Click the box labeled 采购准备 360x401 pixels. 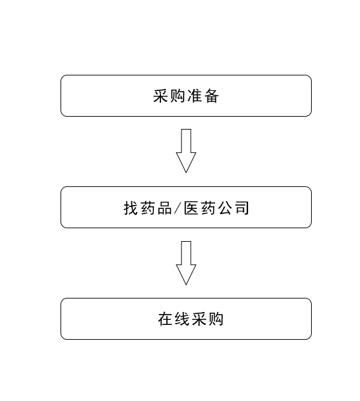[186, 95]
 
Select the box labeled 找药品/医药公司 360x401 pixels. [186, 207]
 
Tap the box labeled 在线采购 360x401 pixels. [186, 318]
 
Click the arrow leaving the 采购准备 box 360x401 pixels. [186, 151]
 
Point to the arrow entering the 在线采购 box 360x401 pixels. [186, 263]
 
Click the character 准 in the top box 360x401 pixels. [194, 96]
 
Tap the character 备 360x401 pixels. [211, 96]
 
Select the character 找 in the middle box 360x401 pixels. [131, 208]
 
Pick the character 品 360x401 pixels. [165, 208]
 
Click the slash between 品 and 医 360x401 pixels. [178, 208]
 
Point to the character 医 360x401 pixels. [191, 208]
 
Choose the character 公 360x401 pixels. [225, 208]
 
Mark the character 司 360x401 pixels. [242, 208]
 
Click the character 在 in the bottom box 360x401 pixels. [165, 319]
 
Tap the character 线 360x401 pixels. [182, 319]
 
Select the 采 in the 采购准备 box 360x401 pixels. [160, 96]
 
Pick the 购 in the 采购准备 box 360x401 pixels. [177, 96]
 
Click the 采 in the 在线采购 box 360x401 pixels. [199, 319]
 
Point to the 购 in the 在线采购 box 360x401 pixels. [216, 319]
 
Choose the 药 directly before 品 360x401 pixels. [147, 208]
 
